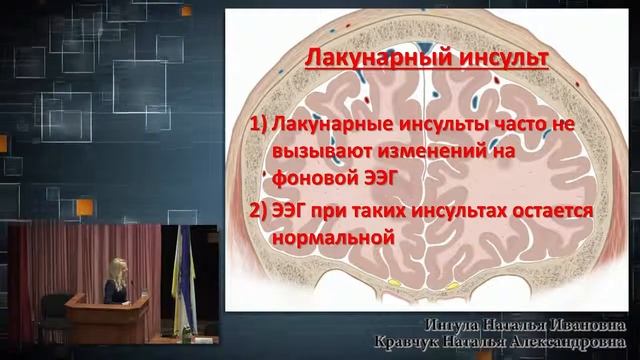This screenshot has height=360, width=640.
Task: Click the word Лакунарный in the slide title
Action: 365,59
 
